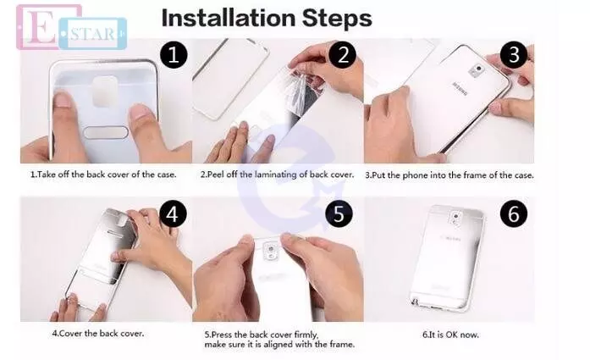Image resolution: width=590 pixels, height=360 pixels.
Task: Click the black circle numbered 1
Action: pos(174,54)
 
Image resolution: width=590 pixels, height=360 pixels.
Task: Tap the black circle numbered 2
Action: pos(343,54)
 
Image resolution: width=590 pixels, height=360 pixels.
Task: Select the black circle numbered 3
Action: pos(514,54)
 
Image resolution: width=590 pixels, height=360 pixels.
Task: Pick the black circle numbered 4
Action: pos(173,214)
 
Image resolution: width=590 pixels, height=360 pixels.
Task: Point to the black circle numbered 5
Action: pos(339,214)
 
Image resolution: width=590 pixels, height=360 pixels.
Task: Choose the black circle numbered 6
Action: pos(514,214)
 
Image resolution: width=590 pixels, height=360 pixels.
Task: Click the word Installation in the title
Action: pos(229,18)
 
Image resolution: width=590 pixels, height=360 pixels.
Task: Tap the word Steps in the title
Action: pos(337,19)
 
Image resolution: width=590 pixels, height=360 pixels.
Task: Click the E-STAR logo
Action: pos(71,27)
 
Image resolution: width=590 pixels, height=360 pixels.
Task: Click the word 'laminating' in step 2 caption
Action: pos(275,174)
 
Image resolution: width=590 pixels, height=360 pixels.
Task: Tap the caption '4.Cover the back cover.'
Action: pos(98,333)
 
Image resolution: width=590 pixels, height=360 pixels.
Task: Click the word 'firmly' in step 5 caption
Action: pos(306,335)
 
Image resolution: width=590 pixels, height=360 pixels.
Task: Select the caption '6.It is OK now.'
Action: pos(450,335)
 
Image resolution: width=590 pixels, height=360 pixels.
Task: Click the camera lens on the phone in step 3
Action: pos(478,69)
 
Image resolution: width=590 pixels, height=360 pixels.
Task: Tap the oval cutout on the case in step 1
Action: pos(106,132)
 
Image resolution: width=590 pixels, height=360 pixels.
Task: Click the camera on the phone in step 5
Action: pos(270,249)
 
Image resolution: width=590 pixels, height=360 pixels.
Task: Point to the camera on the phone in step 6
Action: pos(456,217)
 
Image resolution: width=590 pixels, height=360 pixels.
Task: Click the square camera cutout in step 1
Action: pos(105,91)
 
